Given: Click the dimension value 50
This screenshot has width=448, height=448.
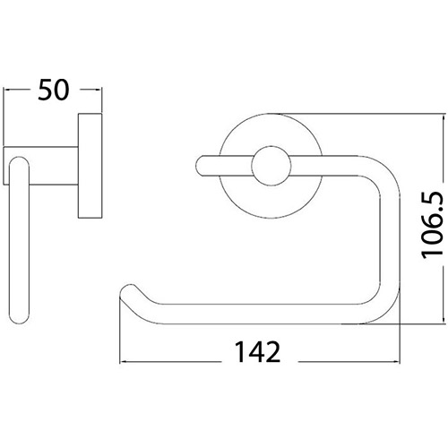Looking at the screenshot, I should pos(55,90).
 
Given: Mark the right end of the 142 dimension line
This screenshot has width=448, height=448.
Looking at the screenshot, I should pos(391,361).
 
